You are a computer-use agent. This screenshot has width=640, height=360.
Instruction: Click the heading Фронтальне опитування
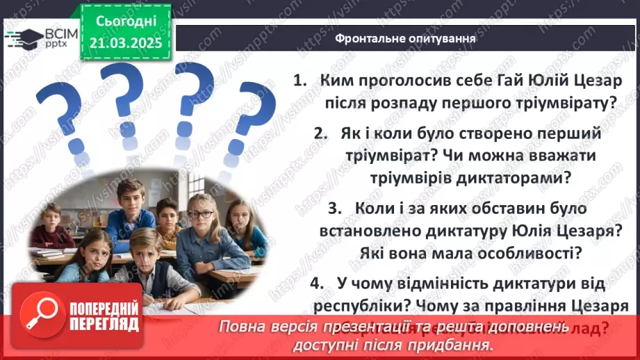(405, 39)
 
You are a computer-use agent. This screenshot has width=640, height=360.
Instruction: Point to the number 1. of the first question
(300, 81)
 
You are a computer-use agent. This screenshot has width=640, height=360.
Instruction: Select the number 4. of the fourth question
(318, 284)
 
